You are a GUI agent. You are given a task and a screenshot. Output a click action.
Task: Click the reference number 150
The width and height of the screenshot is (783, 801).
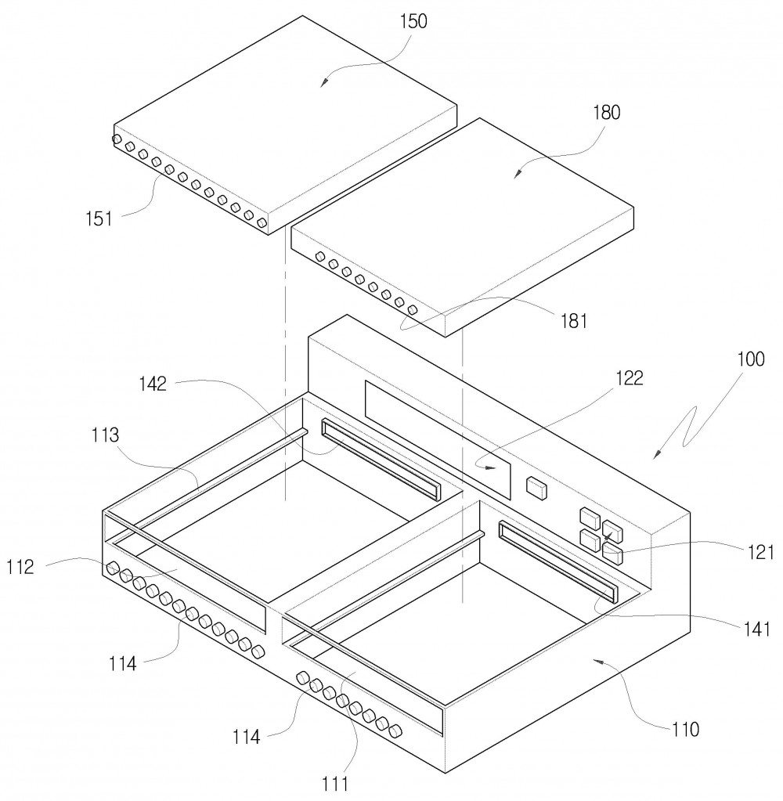(x=413, y=21)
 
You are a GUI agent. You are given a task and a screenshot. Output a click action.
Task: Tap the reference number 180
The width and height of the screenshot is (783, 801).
(x=606, y=113)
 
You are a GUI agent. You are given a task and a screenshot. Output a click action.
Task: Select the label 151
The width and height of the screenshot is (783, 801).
(x=99, y=218)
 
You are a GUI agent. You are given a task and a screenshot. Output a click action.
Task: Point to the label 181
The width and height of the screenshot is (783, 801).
(x=574, y=321)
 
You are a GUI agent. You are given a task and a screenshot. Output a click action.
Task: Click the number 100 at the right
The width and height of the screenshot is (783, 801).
(x=750, y=359)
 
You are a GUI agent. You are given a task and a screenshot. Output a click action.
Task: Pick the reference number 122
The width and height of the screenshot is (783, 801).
(x=629, y=378)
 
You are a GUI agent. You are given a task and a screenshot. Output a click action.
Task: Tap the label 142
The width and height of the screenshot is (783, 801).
(x=153, y=384)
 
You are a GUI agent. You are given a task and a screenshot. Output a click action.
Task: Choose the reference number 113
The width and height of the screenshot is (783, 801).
(x=105, y=435)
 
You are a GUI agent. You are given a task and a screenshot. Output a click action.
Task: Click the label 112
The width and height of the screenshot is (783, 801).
(x=20, y=567)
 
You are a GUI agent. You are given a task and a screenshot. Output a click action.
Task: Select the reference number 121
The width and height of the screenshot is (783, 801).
(x=760, y=552)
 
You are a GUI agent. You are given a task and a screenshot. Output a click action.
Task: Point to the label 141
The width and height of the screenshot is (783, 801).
(x=757, y=630)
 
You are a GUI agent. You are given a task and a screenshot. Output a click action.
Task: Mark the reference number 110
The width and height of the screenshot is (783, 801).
(x=685, y=730)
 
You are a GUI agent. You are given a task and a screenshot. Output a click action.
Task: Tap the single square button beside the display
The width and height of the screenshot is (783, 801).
(x=536, y=487)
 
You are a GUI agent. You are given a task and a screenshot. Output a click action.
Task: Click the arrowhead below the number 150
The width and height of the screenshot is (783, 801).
(x=323, y=84)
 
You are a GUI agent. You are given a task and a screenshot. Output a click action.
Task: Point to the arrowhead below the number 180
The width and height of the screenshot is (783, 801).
(x=516, y=174)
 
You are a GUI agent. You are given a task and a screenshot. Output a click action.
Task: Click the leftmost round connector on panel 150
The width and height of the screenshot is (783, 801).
(x=117, y=139)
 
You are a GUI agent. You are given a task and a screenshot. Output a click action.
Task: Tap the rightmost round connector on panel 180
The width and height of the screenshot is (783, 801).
(x=413, y=309)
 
